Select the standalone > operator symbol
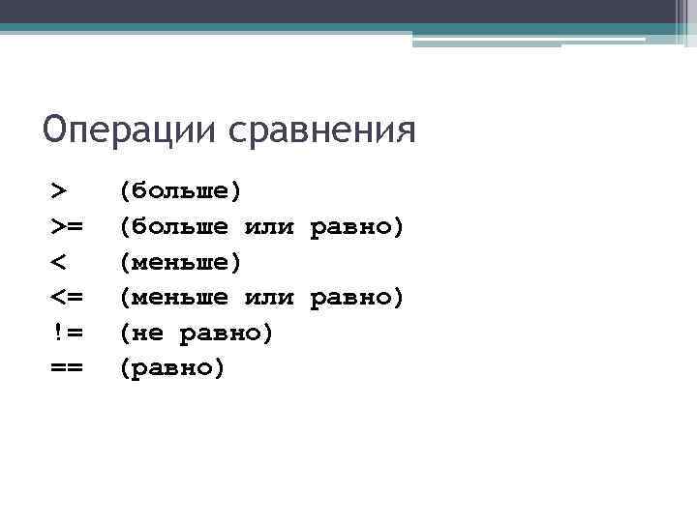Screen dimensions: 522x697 click(x=60, y=190)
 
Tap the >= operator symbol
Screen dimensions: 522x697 click(x=67, y=226)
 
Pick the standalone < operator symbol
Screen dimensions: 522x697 click(x=60, y=262)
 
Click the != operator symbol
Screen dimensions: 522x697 click(x=67, y=333)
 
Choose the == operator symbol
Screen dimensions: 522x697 click(x=67, y=368)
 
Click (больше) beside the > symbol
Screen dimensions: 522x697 click(x=180, y=190)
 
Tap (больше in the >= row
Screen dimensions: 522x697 click(x=174, y=226)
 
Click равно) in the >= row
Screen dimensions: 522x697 click(x=356, y=226)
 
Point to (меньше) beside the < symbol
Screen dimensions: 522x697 click(x=180, y=262)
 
